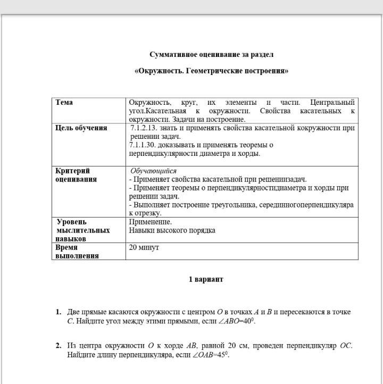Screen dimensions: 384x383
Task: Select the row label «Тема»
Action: click(x=64, y=102)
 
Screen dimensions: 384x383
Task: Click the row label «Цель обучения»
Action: click(x=81, y=128)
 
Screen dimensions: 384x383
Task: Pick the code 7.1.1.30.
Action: click(x=146, y=145)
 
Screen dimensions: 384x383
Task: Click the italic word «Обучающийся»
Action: click(x=153, y=171)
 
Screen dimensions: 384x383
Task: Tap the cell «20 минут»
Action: click(x=144, y=247)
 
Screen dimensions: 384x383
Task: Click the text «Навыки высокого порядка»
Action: click(x=172, y=230)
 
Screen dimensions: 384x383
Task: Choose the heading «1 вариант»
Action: click(x=206, y=279)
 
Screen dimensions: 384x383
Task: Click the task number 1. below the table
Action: click(x=59, y=312)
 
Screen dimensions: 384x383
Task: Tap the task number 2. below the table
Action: click(x=59, y=346)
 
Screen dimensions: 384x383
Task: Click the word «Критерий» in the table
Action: click(x=73, y=171)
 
